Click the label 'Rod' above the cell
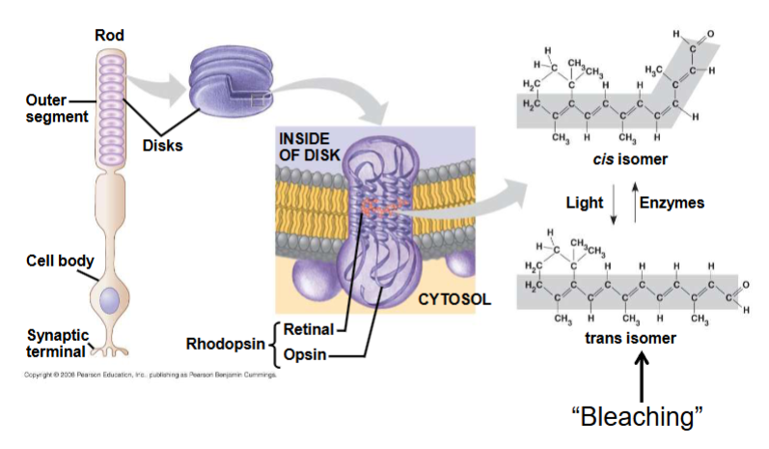109,36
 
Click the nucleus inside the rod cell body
109,299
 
